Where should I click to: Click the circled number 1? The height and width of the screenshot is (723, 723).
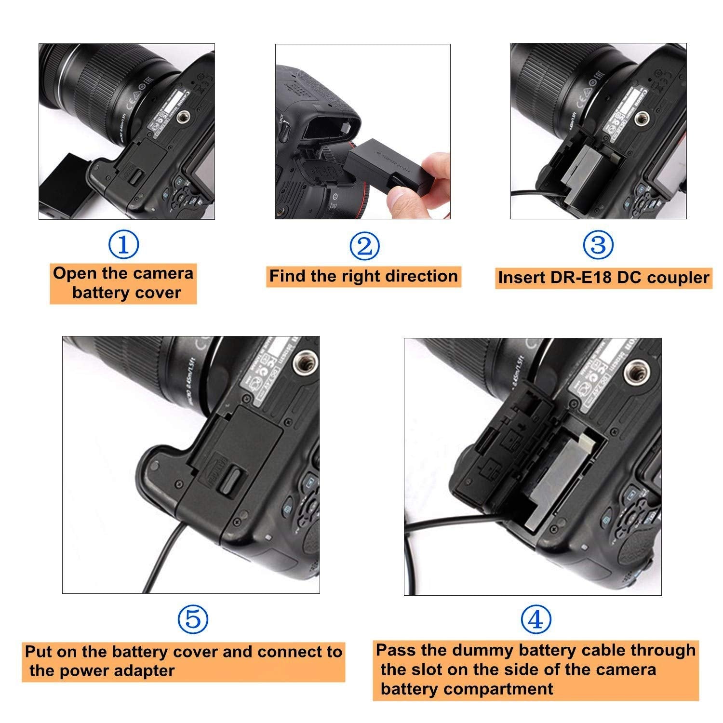coord(124,245)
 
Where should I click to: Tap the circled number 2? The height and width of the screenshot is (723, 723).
coord(364,246)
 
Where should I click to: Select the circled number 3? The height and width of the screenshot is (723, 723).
coord(598,245)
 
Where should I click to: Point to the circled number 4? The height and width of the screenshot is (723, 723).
coord(536,620)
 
